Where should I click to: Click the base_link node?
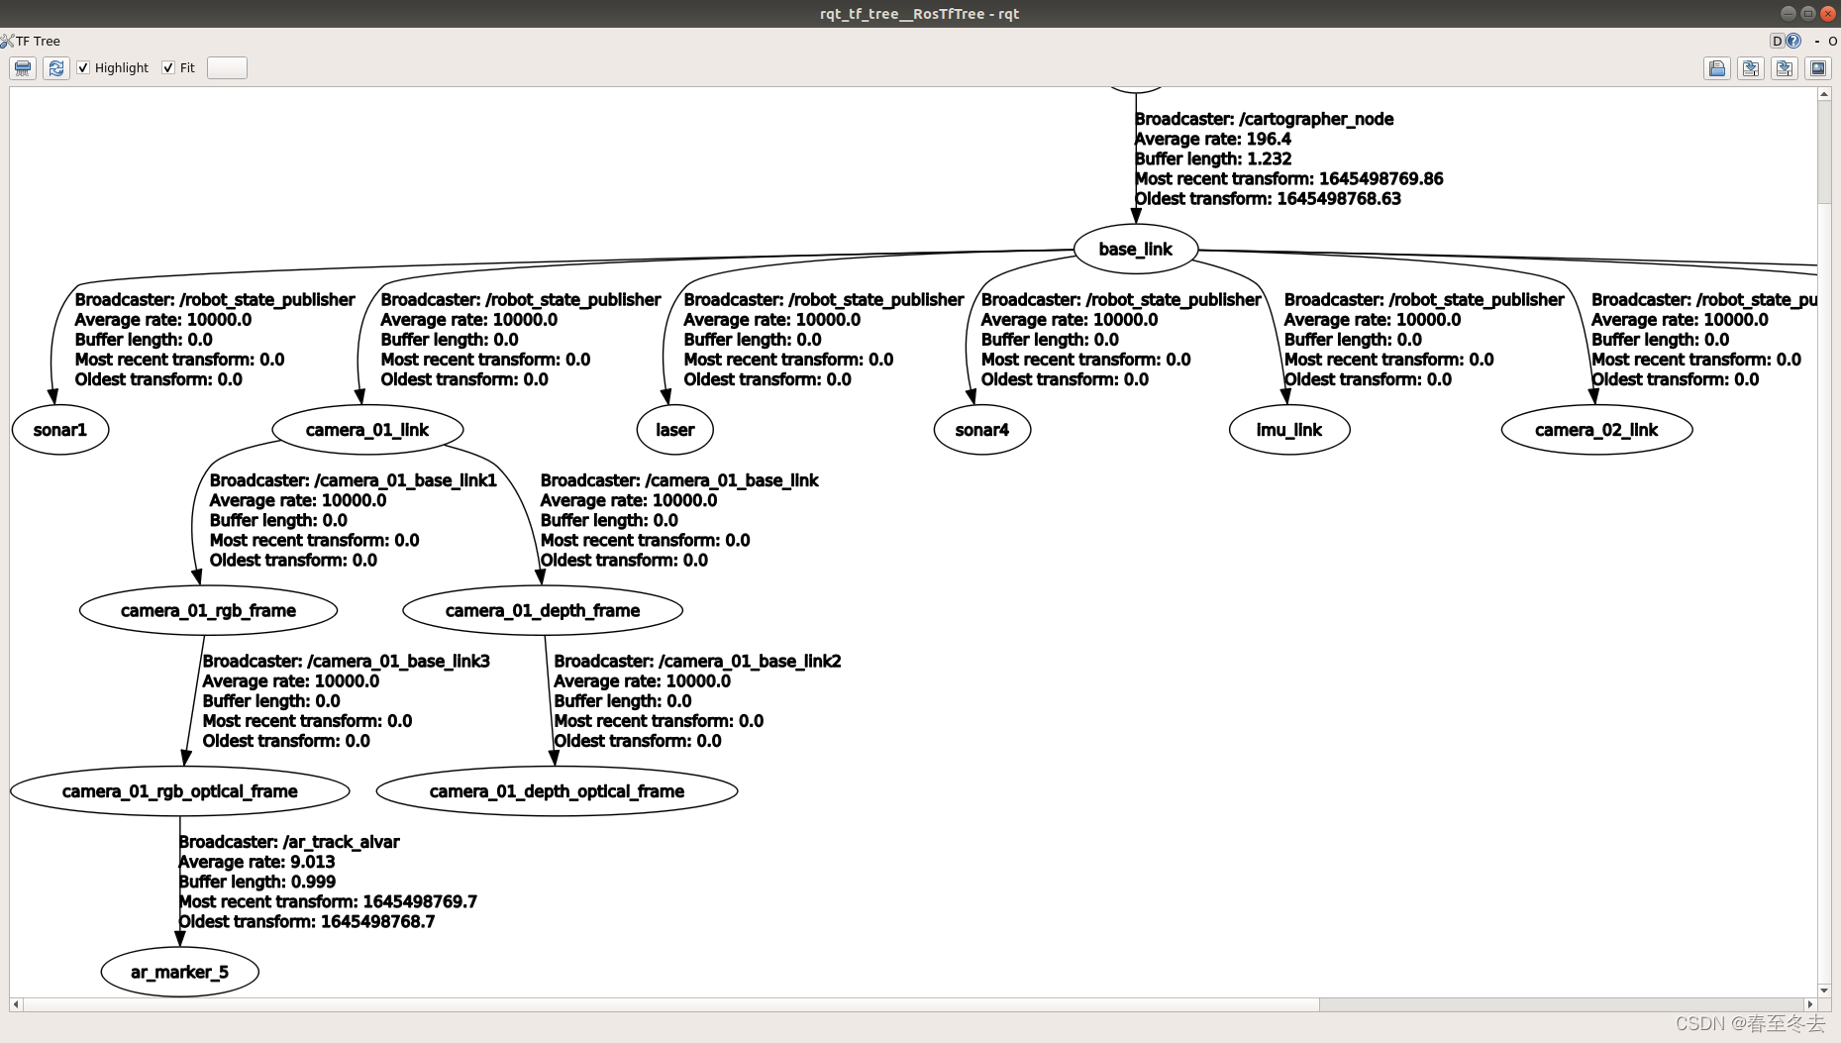click(x=1135, y=250)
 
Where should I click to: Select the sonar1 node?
click(x=60, y=430)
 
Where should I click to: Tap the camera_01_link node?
click(x=367, y=430)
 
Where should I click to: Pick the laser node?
click(x=674, y=430)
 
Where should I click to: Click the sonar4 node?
click(x=981, y=430)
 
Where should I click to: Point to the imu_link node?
click(x=1288, y=430)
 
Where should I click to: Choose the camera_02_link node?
click(x=1596, y=430)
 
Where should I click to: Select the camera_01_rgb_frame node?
click(x=208, y=610)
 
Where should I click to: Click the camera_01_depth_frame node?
click(x=543, y=610)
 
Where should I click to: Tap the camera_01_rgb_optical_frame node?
click(x=179, y=791)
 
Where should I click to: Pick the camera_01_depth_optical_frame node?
click(x=557, y=791)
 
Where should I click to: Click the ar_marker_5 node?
click(x=179, y=972)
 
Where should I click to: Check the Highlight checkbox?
click(x=84, y=67)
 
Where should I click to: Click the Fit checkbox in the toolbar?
click(x=168, y=67)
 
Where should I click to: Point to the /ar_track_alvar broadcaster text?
click(x=341, y=842)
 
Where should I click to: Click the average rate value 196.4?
click(x=1269, y=139)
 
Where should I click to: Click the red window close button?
click(x=1828, y=13)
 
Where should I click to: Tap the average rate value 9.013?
click(x=312, y=862)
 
